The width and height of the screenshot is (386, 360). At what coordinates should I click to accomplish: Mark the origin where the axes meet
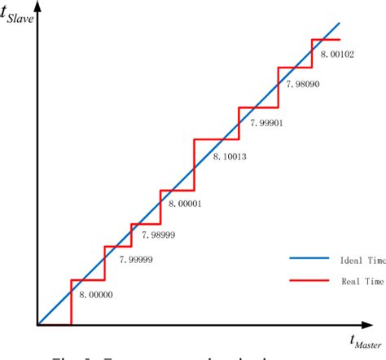pos(37,325)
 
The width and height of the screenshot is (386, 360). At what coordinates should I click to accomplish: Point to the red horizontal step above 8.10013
pos(217,139)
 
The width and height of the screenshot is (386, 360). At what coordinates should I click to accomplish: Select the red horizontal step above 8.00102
pos(327,39)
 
